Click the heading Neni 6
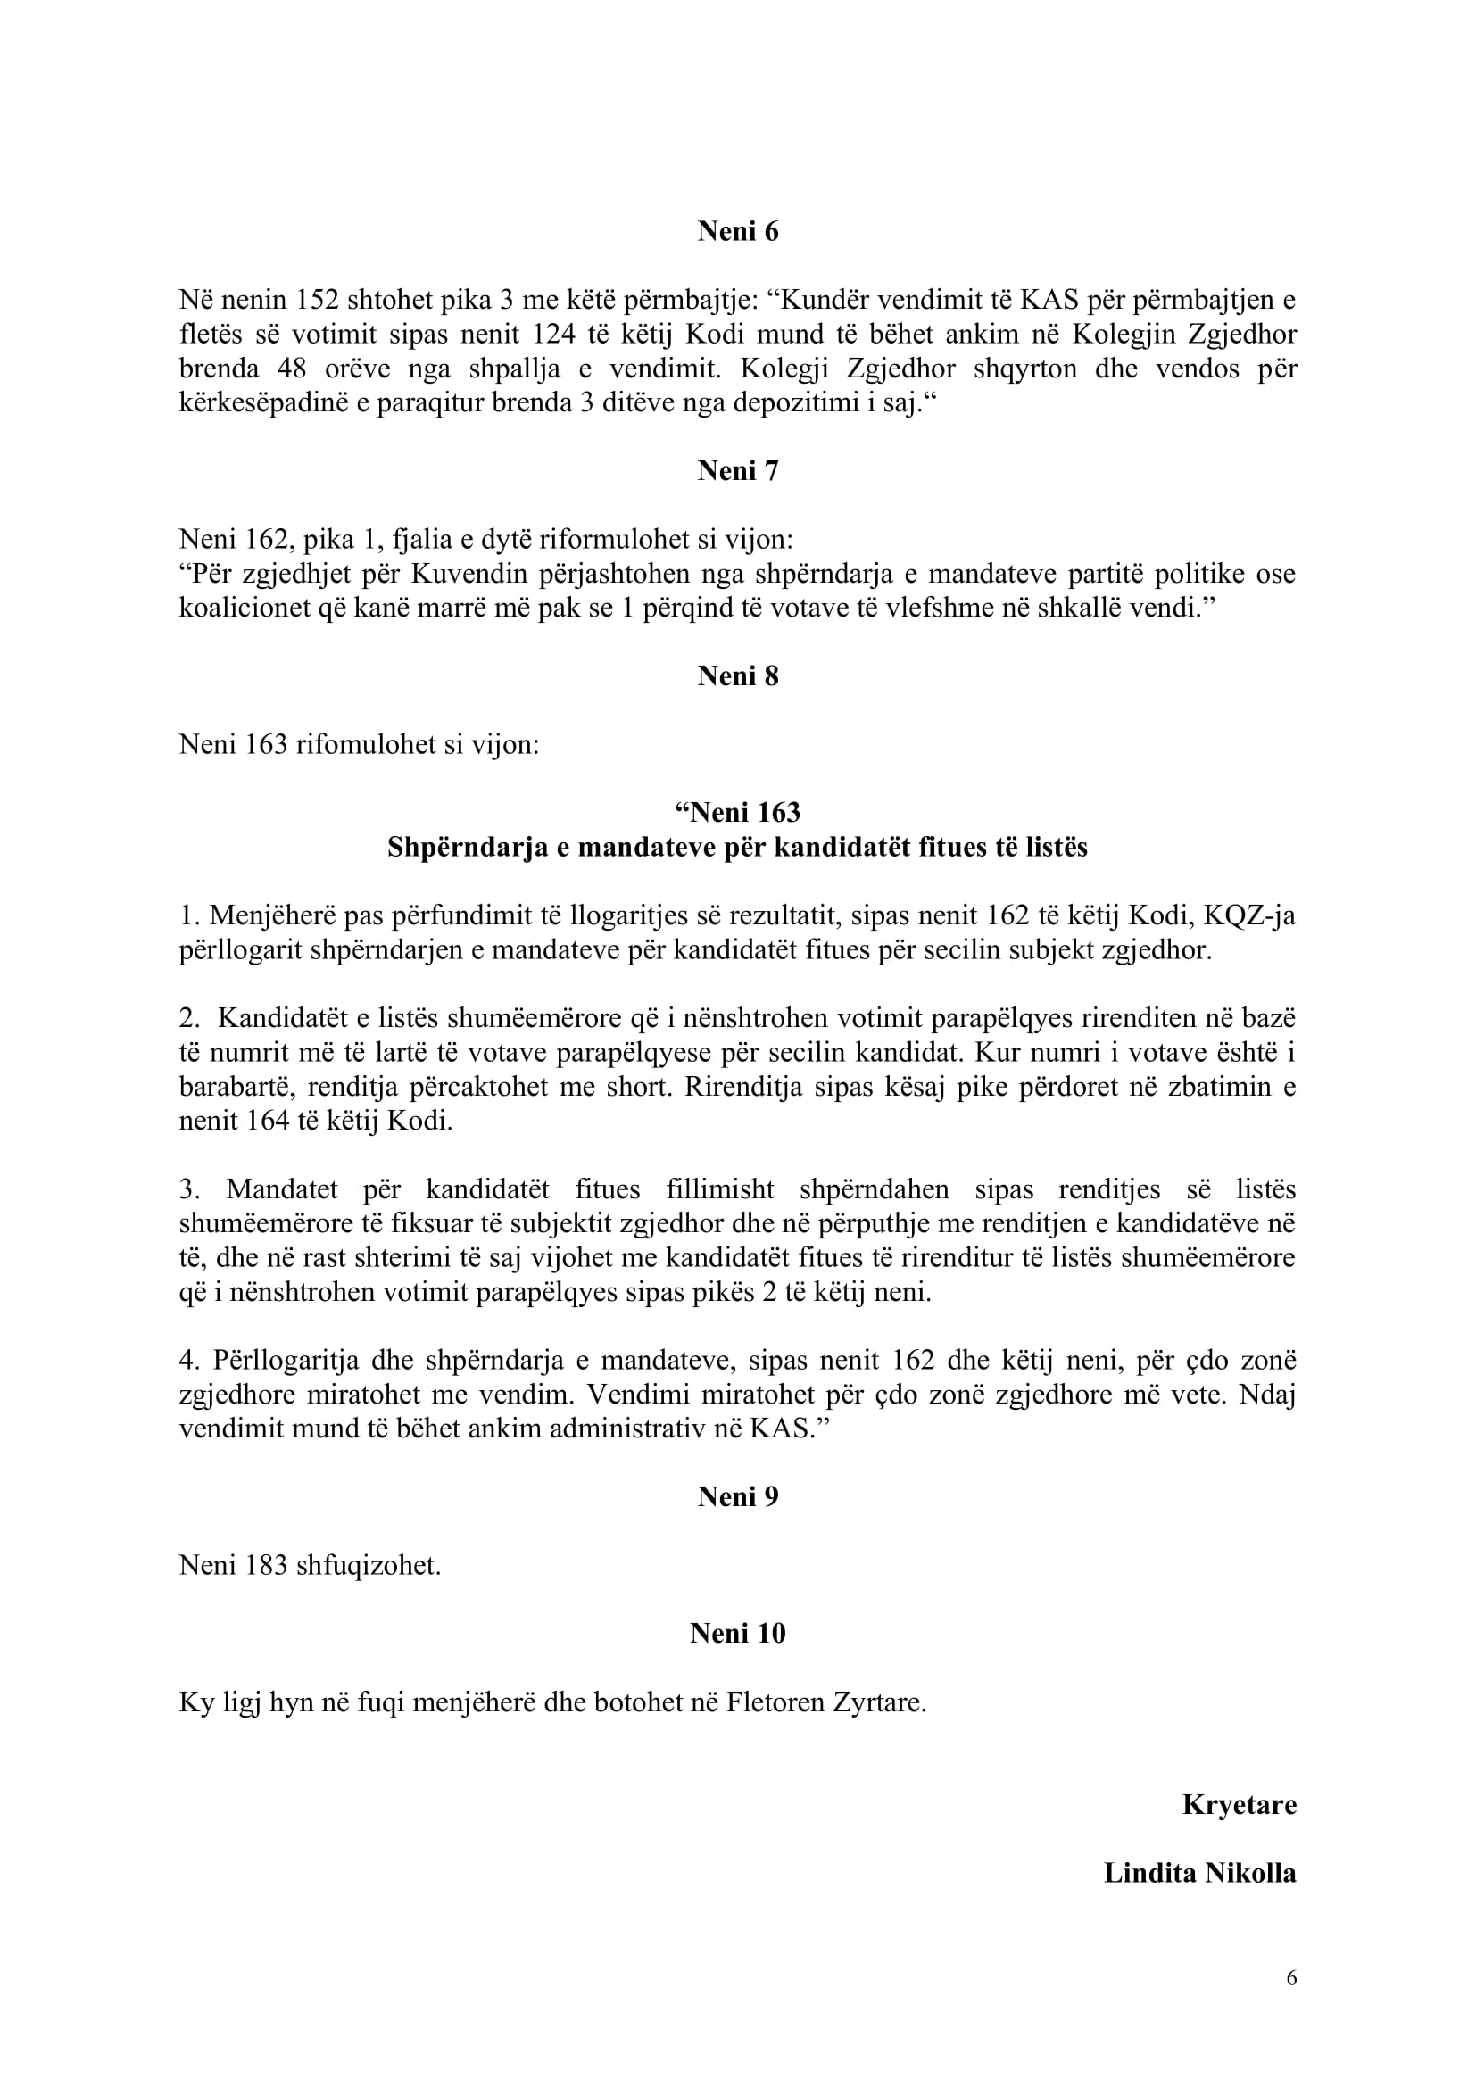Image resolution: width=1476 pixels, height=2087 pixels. (738, 232)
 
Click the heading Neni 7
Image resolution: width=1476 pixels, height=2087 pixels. (738, 471)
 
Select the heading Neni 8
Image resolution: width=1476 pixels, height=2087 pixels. (738, 675)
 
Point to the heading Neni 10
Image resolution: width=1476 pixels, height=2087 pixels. (738, 1634)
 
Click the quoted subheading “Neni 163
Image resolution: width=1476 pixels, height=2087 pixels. (738, 811)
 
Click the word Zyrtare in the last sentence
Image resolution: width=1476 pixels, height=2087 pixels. (879, 1702)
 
